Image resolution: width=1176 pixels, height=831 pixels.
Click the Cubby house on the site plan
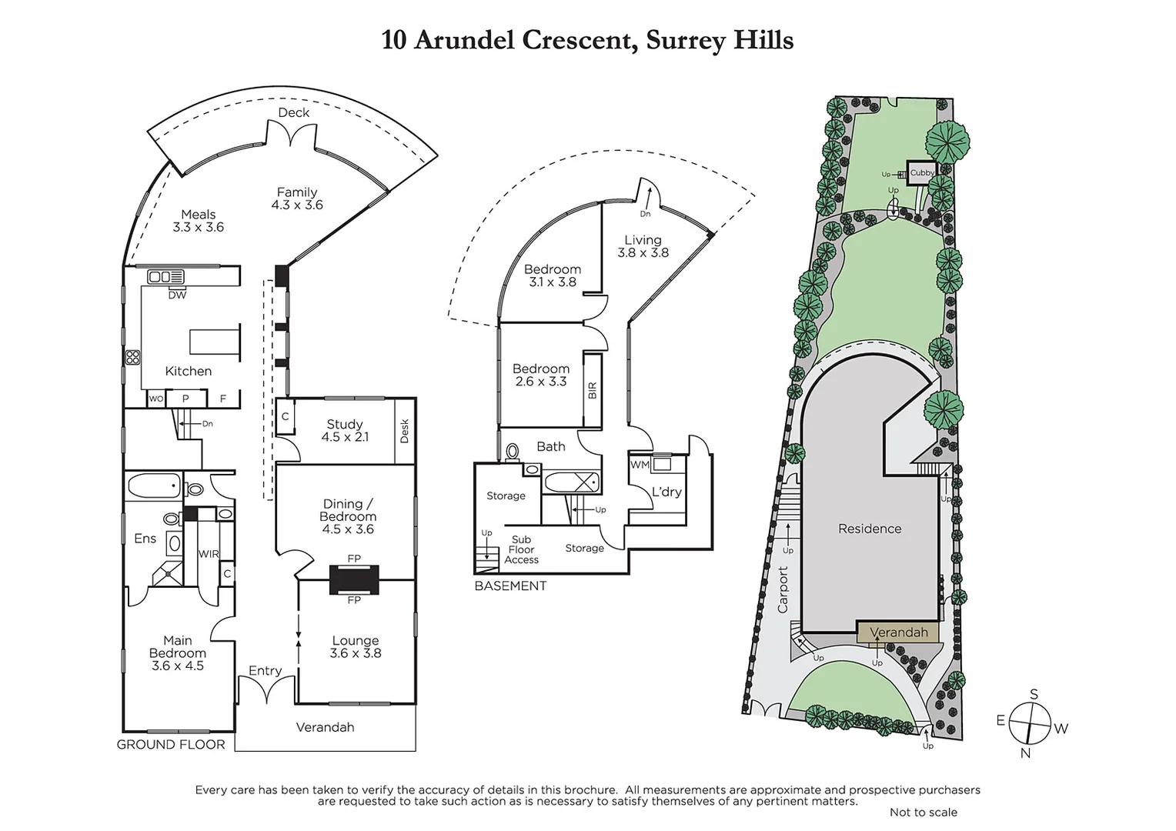pos(921,172)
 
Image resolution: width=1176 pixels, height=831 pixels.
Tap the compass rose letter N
pos(1025,753)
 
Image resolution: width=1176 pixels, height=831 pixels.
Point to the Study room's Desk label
pos(405,431)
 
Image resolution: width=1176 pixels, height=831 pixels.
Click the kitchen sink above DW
pos(166,277)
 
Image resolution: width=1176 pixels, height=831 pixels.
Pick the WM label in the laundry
pos(640,465)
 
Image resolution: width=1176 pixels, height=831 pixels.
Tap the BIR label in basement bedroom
pos(592,390)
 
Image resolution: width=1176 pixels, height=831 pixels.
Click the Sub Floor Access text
pos(521,549)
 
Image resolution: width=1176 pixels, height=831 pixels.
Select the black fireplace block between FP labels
pos(354,579)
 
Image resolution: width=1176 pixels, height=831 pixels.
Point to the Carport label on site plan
pos(783,589)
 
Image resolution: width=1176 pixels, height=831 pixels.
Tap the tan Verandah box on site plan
pos(898,632)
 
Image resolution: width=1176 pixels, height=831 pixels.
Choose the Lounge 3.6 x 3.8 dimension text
pos(356,653)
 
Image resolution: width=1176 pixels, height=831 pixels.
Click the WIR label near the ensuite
pos(209,554)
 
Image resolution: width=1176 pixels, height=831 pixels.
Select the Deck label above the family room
pos(294,112)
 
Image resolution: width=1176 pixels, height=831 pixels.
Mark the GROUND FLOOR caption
pos(171,744)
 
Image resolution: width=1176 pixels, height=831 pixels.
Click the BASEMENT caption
pos(510,586)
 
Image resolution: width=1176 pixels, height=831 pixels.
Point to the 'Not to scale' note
pos(923,812)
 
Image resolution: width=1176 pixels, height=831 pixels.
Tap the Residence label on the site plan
pos(870,529)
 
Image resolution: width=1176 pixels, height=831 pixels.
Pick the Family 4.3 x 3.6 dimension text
pos(297,205)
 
